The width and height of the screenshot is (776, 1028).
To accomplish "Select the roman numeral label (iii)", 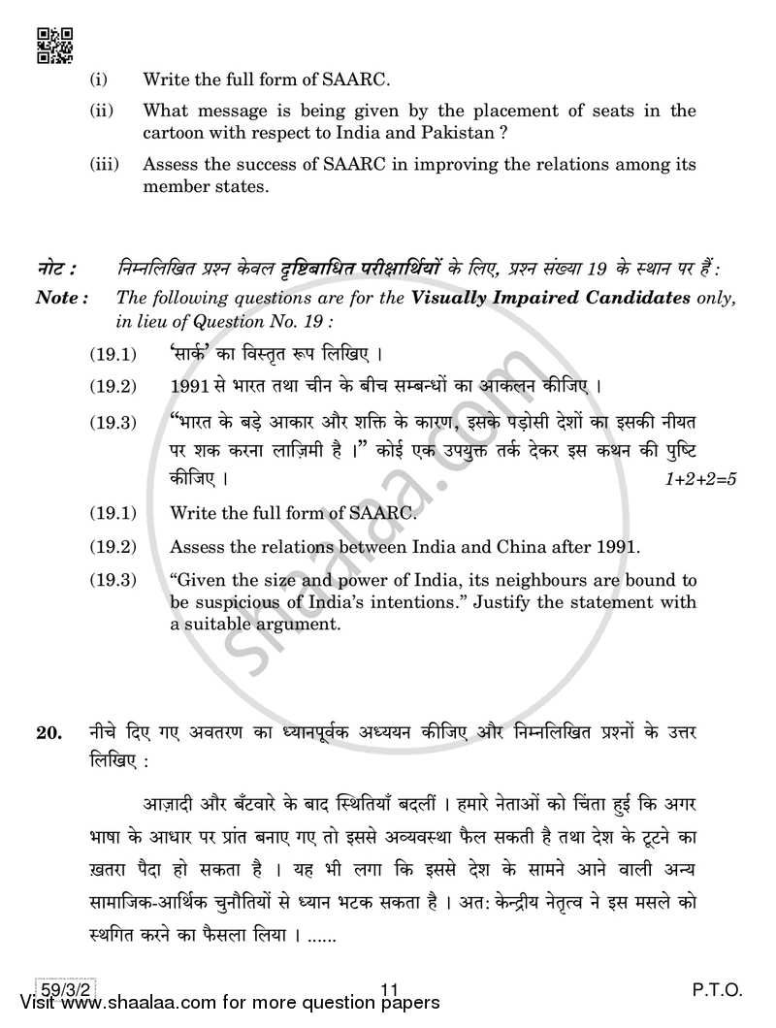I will (103, 165).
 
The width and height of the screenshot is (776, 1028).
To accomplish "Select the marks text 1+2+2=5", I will (698, 479).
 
